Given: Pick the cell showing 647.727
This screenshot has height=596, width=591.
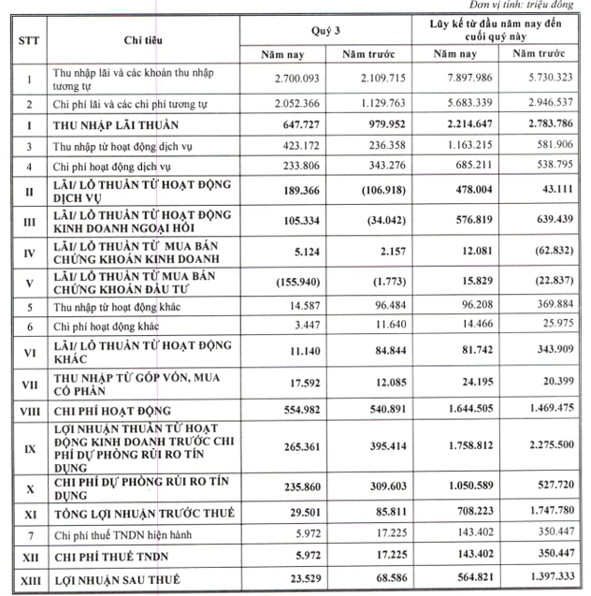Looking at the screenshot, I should click(294, 124).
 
